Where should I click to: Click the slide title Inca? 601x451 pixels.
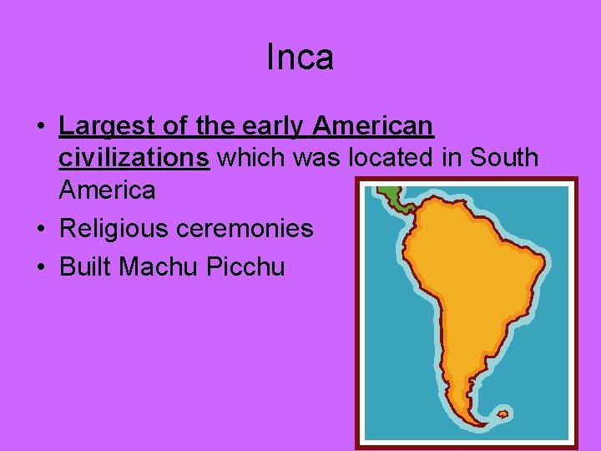(300, 58)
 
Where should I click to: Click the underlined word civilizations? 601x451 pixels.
(134, 158)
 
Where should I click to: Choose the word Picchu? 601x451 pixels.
(248, 267)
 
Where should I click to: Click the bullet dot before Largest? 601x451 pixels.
(40, 129)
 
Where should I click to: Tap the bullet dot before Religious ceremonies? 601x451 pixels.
(40, 230)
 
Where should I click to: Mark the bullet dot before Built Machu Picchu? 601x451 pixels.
(40, 268)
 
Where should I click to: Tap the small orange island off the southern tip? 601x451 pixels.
(502, 413)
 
